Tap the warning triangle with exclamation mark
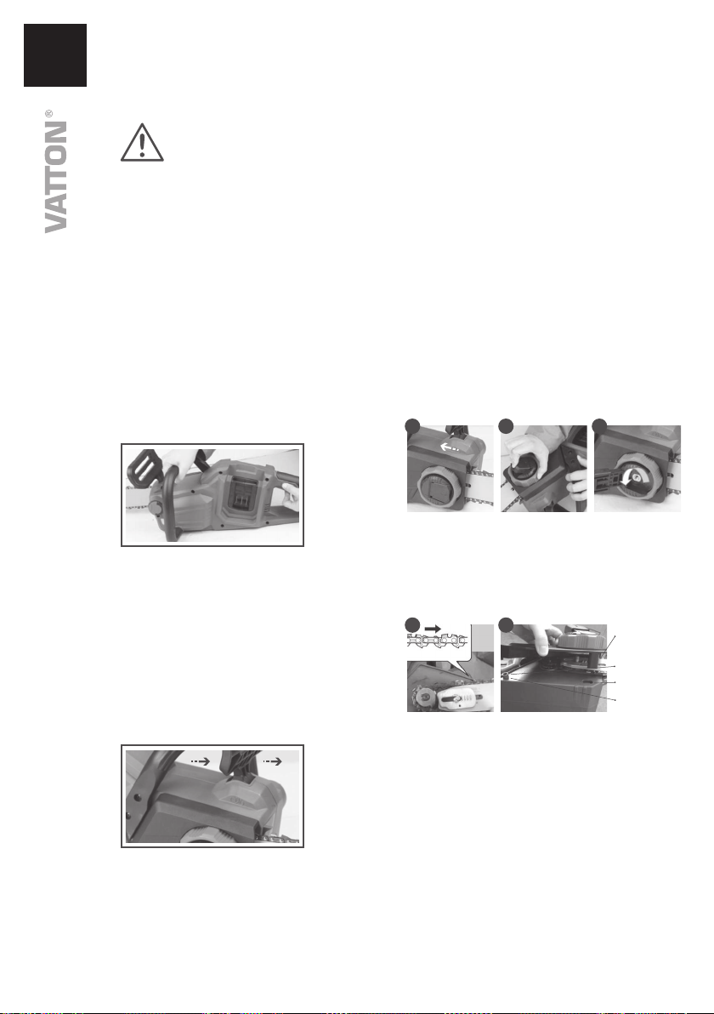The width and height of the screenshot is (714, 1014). [142, 143]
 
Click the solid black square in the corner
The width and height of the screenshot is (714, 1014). [55, 55]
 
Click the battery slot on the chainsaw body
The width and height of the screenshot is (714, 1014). [241, 493]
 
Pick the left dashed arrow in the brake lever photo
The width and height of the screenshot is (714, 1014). [200, 762]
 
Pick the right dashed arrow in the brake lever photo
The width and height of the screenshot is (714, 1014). [273, 762]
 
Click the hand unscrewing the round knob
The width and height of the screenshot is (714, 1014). [527, 453]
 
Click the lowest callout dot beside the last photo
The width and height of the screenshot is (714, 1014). [615, 700]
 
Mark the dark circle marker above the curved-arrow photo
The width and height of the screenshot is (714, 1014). [600, 424]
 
